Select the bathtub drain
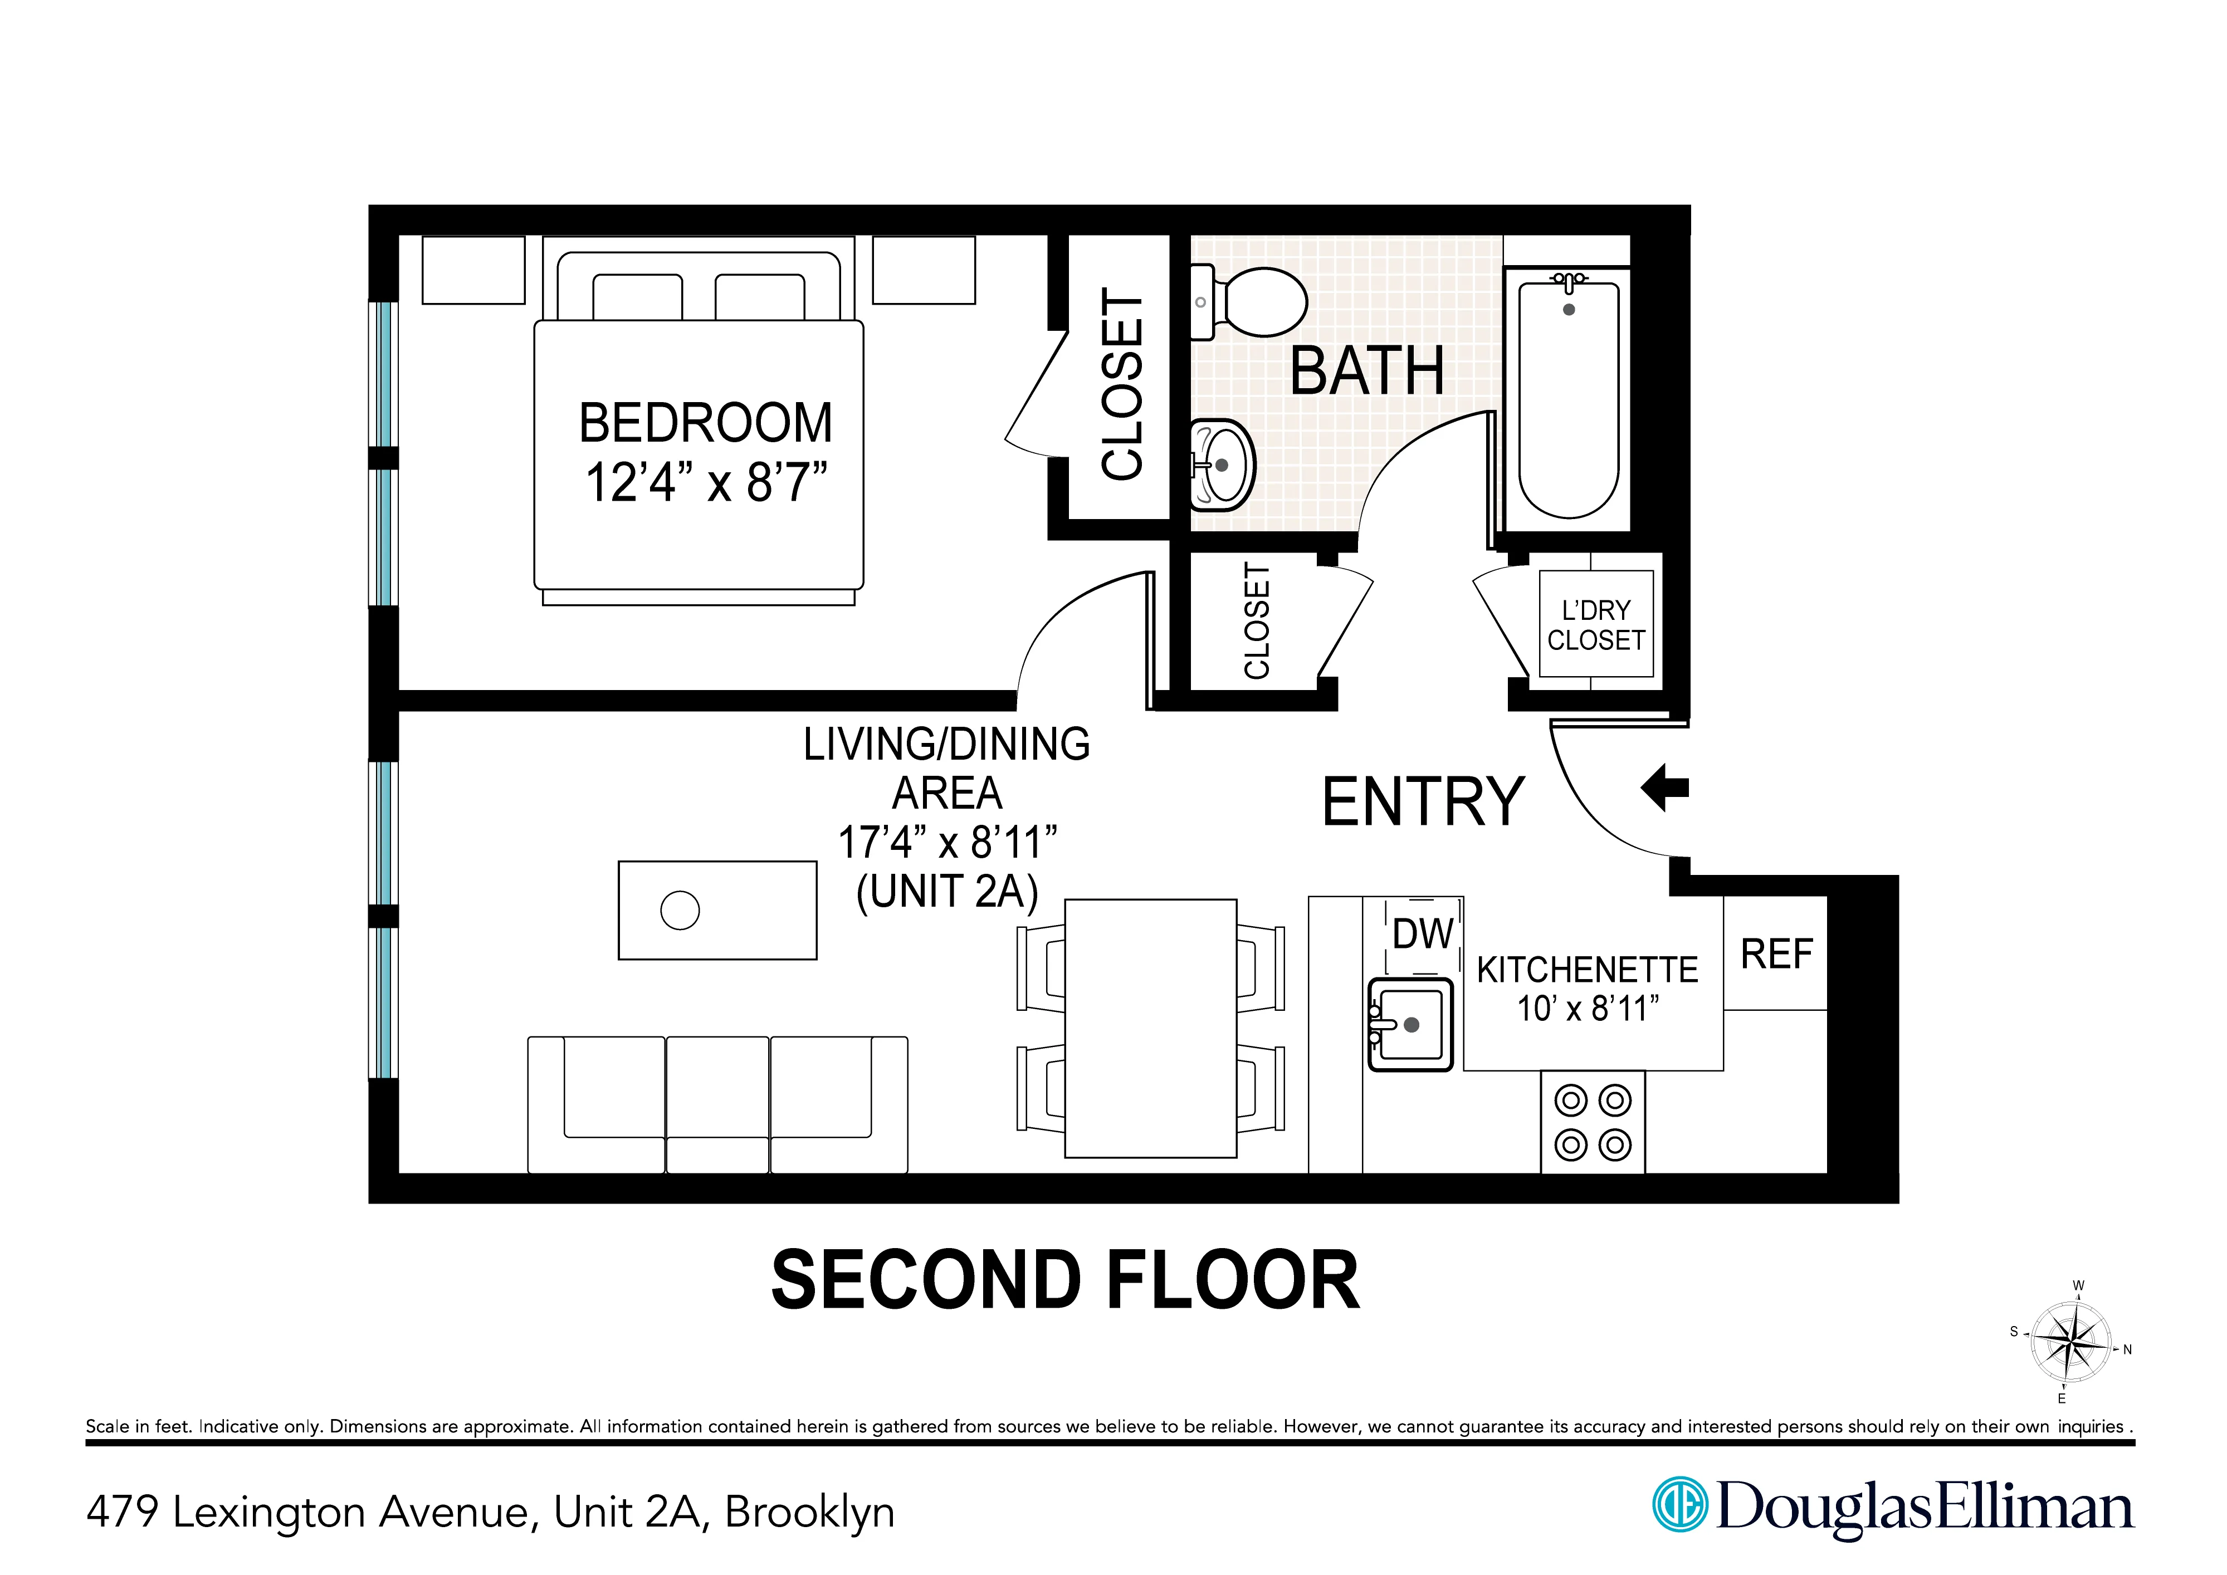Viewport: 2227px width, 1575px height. tap(1569, 310)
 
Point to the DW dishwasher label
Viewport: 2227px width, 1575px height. tap(1422, 934)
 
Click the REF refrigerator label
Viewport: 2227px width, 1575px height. tap(1776, 955)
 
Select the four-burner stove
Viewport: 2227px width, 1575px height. tap(1593, 1122)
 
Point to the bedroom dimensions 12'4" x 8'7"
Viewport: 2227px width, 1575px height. tap(706, 482)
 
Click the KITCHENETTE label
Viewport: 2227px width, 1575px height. tap(1587, 969)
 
